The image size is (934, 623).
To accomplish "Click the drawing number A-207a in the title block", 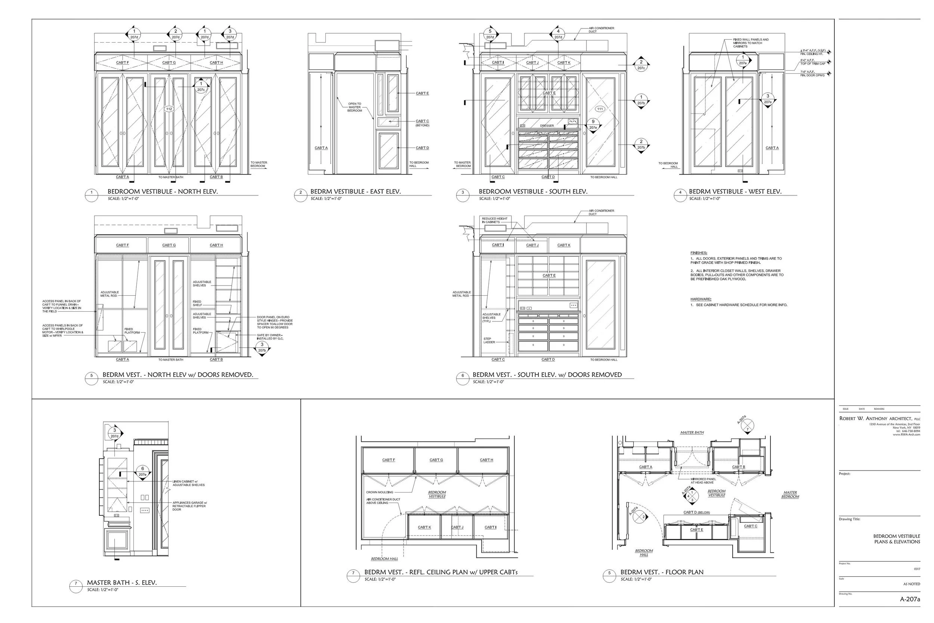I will (909, 599).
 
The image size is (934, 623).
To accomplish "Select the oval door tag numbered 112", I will (169, 109).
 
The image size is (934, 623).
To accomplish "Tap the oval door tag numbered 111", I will (600, 109).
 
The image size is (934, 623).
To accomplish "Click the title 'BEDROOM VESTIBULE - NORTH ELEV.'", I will (163, 191).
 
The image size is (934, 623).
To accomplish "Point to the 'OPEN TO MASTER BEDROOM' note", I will (355, 107).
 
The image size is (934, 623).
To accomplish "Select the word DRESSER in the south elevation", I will (547, 126).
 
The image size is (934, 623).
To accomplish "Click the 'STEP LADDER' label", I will (488, 340).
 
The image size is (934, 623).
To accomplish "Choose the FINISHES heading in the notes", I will (699, 253).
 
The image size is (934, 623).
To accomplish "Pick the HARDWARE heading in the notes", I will (700, 299).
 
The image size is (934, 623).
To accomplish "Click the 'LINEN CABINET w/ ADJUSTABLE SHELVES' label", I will (189, 483).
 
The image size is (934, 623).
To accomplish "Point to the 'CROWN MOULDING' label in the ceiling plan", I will (380, 492).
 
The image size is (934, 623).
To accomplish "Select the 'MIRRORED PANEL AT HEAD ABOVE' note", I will (703, 481).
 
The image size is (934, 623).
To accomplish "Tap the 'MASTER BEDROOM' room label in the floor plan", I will (790, 494).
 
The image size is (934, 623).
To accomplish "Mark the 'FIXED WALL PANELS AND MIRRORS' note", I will (751, 43).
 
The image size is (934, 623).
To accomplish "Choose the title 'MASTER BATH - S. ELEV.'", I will (122, 583).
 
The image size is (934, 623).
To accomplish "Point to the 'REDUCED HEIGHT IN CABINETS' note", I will (494, 220).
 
